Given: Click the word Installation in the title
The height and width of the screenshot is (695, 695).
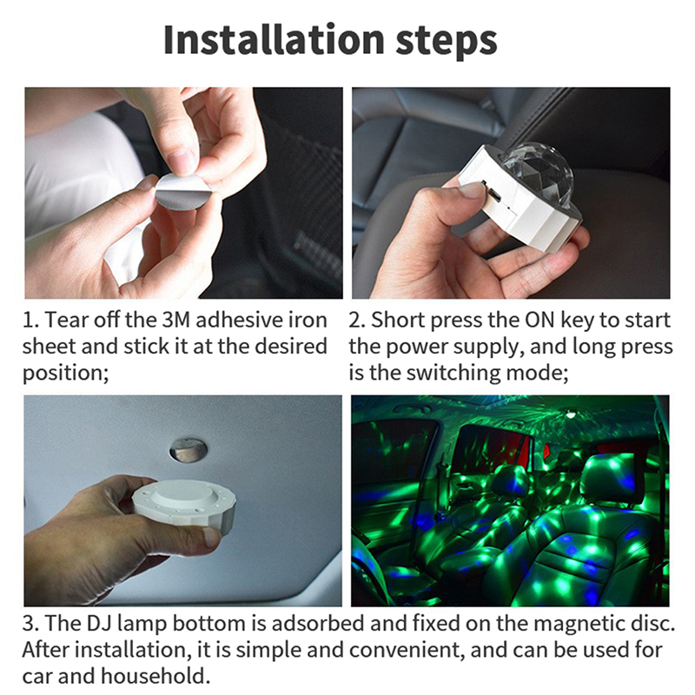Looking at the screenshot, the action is pyautogui.click(x=274, y=40).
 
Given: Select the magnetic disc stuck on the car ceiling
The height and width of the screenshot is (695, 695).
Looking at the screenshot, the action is pyautogui.click(x=188, y=449).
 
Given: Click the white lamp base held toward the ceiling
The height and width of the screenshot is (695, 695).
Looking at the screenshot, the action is pyautogui.click(x=184, y=504).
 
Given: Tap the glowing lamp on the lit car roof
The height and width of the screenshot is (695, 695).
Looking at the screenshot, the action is pyautogui.click(x=571, y=414).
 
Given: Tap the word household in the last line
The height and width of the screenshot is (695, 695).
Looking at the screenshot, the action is pyautogui.click(x=156, y=676).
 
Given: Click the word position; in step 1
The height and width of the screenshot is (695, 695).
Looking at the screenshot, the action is pyautogui.click(x=66, y=374).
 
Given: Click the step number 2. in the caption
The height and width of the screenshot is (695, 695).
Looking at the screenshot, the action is pyautogui.click(x=357, y=320).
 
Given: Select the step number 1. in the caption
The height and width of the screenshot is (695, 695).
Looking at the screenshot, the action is pyautogui.click(x=30, y=320).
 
